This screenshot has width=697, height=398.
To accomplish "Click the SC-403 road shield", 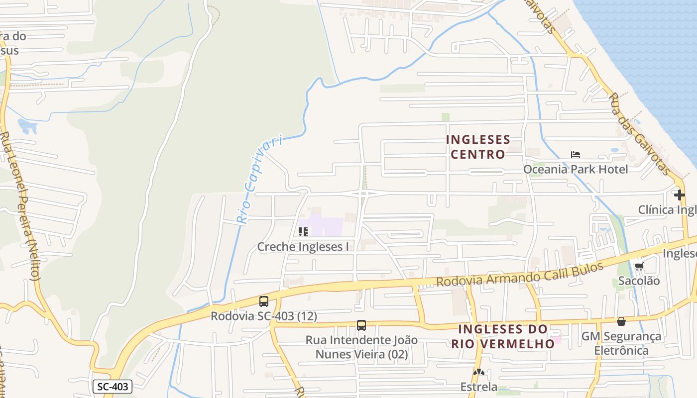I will (113, 387).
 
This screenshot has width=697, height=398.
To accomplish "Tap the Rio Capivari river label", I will (259, 180).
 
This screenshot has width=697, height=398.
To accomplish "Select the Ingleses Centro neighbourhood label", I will (478, 147).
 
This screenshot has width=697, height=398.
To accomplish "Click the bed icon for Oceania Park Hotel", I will (576, 155).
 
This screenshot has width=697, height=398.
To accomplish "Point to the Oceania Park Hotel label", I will (575, 169).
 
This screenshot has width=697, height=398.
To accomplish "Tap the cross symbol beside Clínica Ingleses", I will (679, 195).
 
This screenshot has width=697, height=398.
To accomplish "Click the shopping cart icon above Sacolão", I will (639, 266).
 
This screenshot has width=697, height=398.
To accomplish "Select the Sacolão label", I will (639, 281).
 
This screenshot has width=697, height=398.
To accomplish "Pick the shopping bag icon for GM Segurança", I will (621, 321).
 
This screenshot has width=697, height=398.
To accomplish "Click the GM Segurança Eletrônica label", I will (621, 344).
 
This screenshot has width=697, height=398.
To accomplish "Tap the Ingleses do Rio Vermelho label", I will (503, 336).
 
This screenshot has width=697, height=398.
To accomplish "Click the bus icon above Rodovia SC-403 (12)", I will (264, 301).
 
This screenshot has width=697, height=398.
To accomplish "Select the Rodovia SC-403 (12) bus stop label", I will (264, 316).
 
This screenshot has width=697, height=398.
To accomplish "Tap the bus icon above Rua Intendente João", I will (361, 325).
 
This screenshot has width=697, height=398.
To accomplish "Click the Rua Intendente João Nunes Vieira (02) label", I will (361, 347).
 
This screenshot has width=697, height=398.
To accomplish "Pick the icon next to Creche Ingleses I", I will (303, 232).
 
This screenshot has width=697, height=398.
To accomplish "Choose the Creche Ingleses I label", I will (303, 247).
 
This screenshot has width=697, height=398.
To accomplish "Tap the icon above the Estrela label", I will (479, 372).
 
